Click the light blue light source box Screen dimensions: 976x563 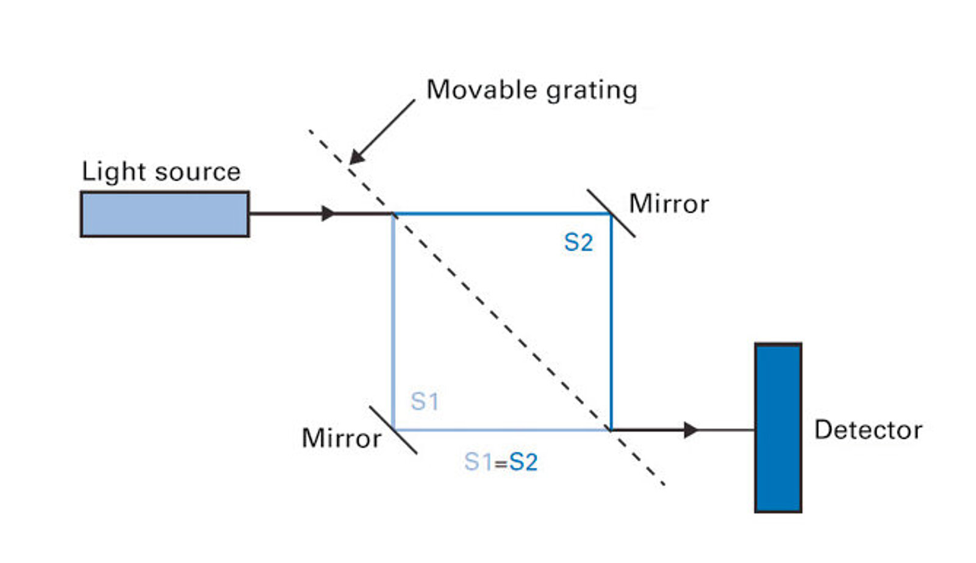[x=165, y=214]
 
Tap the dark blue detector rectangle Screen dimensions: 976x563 [x=778, y=428]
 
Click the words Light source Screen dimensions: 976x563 [x=161, y=171]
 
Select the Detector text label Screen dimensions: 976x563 [x=869, y=429]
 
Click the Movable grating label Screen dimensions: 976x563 [x=531, y=90]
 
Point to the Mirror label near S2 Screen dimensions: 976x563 [x=669, y=204]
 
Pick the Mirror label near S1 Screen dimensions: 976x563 [x=342, y=438]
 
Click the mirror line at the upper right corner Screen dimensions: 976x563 [x=611, y=213]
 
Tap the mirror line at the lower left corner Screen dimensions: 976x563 [x=393, y=430]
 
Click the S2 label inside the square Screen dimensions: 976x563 [x=579, y=242]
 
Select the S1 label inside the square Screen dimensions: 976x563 [x=425, y=401]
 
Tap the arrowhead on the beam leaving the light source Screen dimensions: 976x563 [x=329, y=213]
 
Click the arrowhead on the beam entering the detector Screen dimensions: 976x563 [x=691, y=430]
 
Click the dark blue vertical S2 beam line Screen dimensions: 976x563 [x=611, y=321]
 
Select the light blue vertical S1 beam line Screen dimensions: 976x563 [x=393, y=321]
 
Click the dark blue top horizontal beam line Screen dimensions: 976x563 [x=502, y=213]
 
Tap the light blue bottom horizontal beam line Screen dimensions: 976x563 [x=502, y=430]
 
